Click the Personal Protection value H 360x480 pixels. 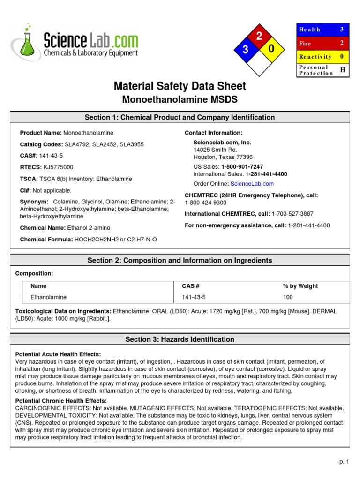pyautogui.click(x=342, y=70)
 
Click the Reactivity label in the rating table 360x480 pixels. pyautogui.click(x=315, y=57)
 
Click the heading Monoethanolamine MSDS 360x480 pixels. pyautogui.click(x=180, y=100)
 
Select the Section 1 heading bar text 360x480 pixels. pyautogui.click(x=180, y=117)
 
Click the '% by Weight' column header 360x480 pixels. pyautogui.click(x=300, y=286)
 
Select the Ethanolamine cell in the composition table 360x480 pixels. pyautogui.click(x=49, y=297)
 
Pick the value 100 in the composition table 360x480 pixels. pyautogui.click(x=287, y=297)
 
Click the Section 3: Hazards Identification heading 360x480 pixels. pyautogui.click(x=180, y=339)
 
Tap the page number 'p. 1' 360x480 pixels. pyautogui.click(x=345, y=462)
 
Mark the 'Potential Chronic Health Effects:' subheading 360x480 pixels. pyautogui.click(x=61, y=401)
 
